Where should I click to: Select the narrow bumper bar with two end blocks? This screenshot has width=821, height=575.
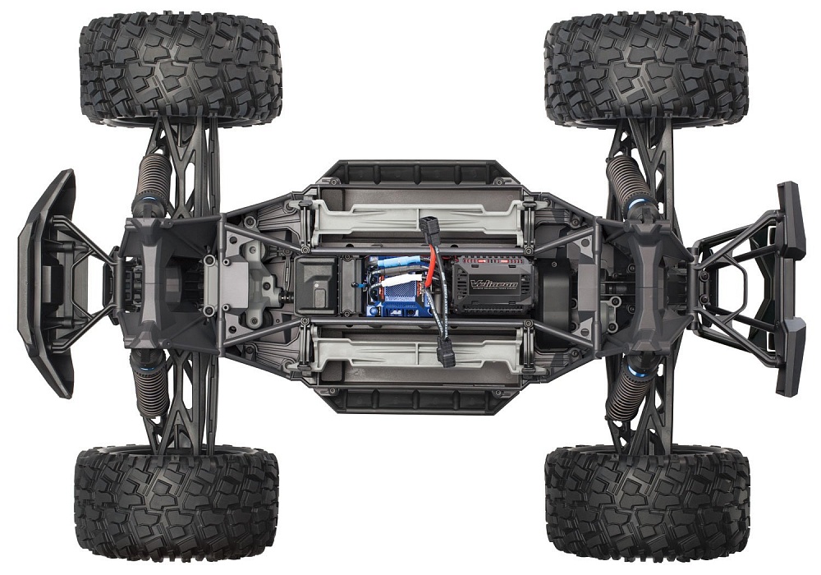(x=790, y=287)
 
